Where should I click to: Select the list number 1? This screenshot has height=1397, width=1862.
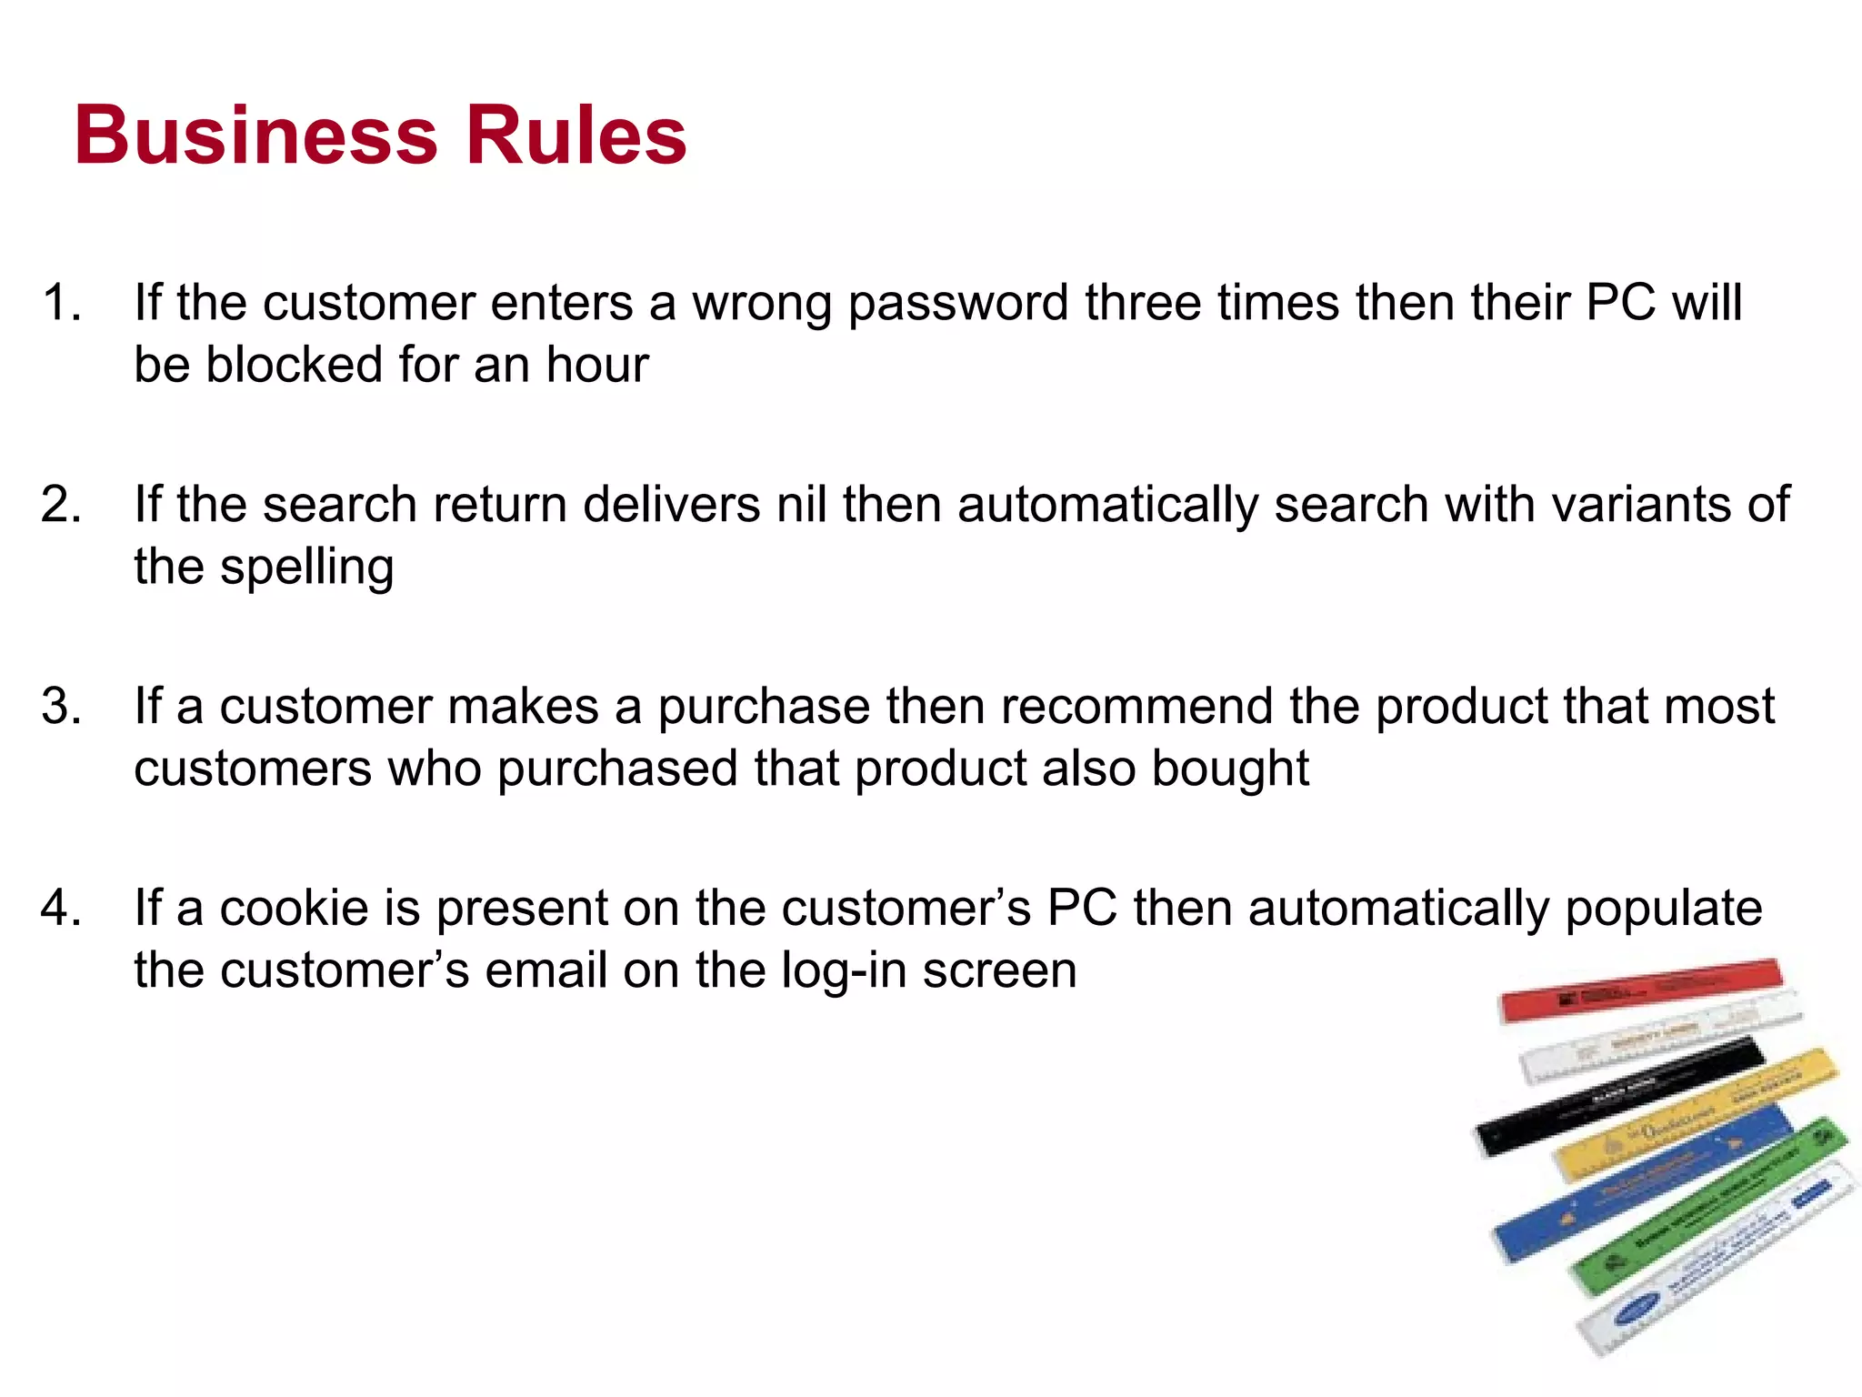(x=62, y=302)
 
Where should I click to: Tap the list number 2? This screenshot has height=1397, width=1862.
(x=62, y=504)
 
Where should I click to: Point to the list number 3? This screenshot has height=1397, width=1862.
(x=62, y=706)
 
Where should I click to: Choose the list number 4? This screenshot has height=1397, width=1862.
(x=62, y=908)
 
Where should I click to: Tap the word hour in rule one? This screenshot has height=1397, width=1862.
(x=597, y=365)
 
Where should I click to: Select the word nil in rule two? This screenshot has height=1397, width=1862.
(x=801, y=504)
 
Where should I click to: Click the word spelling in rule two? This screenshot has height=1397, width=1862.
(x=306, y=568)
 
